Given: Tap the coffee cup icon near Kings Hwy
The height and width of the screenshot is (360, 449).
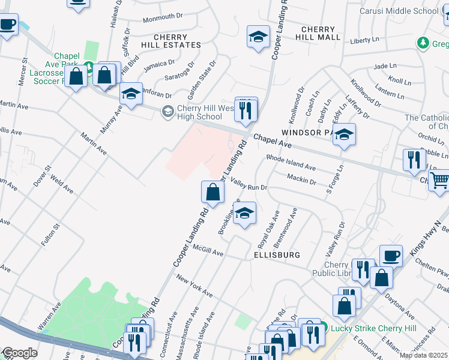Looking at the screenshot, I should (391, 256).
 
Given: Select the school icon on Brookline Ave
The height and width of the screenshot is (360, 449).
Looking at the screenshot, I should (244, 214).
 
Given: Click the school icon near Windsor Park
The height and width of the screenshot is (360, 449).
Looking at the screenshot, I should (344, 135).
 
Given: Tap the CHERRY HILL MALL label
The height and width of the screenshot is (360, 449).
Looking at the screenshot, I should (321, 33).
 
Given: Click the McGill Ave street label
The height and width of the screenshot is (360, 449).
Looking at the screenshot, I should (208, 254).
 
